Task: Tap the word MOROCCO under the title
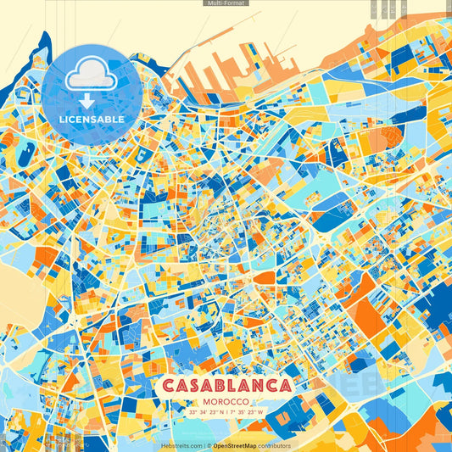point(226,400)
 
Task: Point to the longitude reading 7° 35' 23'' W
point(247,411)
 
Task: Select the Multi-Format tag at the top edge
point(226,3)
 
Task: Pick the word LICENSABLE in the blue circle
point(91,120)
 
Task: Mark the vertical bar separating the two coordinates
point(226,411)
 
